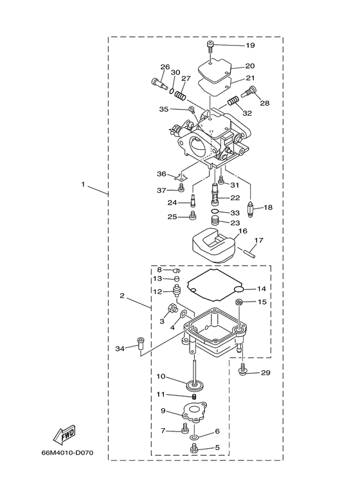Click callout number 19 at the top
point(250,46)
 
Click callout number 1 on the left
point(83,184)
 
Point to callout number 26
point(165,67)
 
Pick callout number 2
point(122,296)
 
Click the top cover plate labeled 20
point(213,66)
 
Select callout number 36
point(161,174)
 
